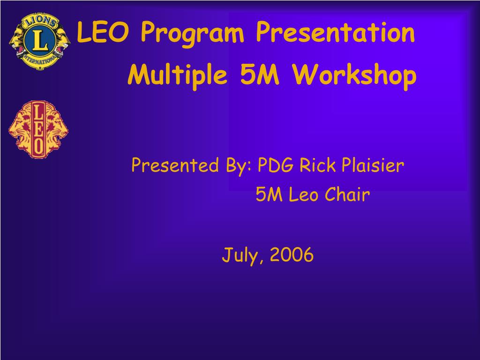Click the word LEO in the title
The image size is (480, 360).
[102, 32]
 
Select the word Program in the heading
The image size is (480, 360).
[192, 34]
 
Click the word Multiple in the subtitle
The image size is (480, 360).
[178, 76]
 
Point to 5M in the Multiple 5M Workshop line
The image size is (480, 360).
[260, 75]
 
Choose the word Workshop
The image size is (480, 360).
[354, 76]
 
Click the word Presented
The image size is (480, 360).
[175, 165]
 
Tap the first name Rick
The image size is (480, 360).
[317, 165]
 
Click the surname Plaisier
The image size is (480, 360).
[373, 165]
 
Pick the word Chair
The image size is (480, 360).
[347, 194]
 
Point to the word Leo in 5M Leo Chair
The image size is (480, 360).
[303, 195]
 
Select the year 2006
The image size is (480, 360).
[292, 255]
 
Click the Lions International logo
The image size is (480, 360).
[40, 41]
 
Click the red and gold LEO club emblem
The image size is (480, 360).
[38, 129]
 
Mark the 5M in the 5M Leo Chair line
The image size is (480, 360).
[269, 195]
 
